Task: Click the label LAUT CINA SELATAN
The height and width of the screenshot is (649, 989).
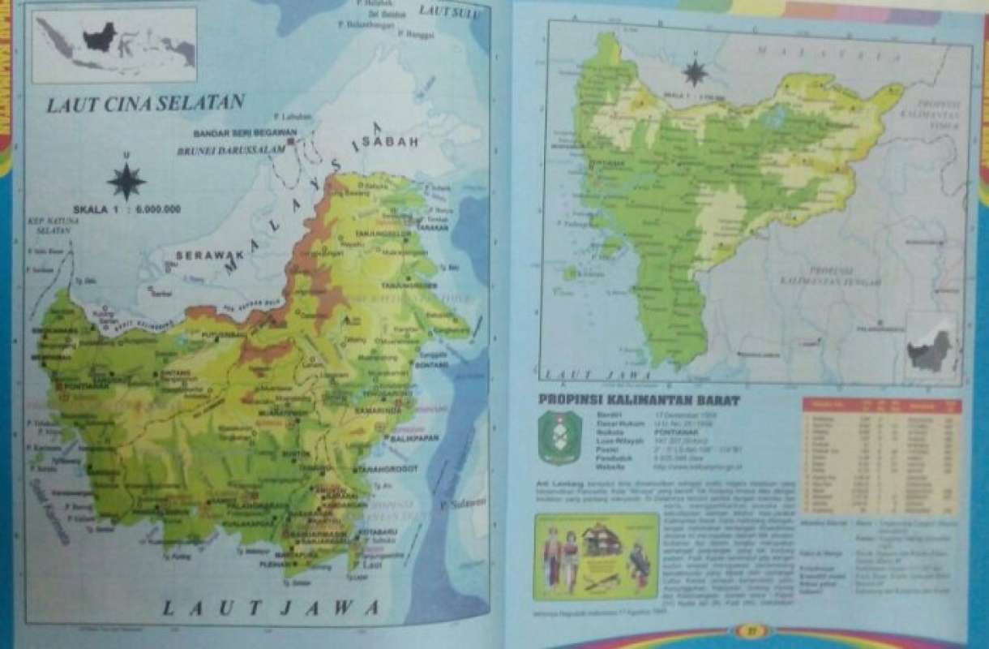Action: (x=145, y=105)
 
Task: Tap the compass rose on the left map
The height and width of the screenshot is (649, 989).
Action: (x=126, y=180)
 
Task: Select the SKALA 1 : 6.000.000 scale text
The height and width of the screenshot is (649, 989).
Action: (x=127, y=209)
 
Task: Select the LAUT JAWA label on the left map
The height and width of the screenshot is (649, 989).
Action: (x=271, y=607)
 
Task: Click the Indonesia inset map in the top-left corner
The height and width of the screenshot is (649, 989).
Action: (x=114, y=45)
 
